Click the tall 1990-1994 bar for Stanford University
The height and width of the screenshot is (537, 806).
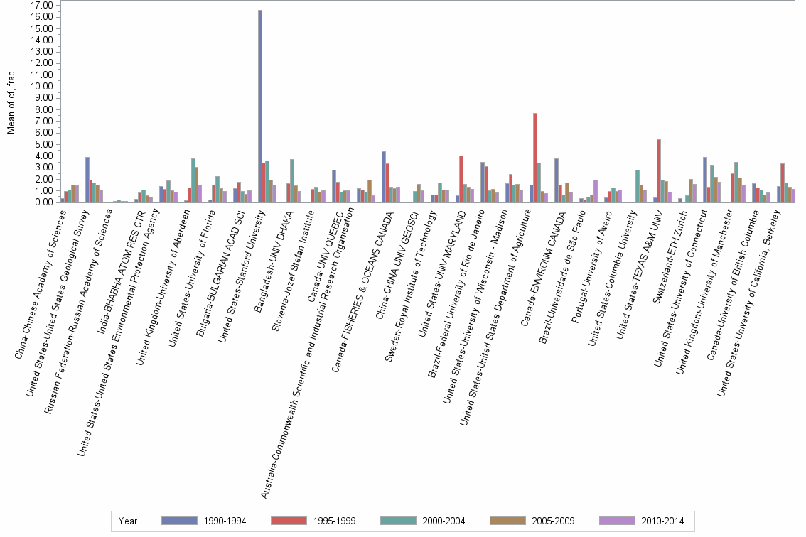click(x=260, y=107)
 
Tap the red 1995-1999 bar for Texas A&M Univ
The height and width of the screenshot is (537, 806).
click(x=659, y=171)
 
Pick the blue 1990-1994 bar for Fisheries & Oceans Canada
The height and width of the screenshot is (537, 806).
click(x=384, y=177)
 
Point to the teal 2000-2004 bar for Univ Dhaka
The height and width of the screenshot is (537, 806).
click(x=292, y=181)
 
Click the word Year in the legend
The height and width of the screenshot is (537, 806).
click(x=128, y=521)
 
